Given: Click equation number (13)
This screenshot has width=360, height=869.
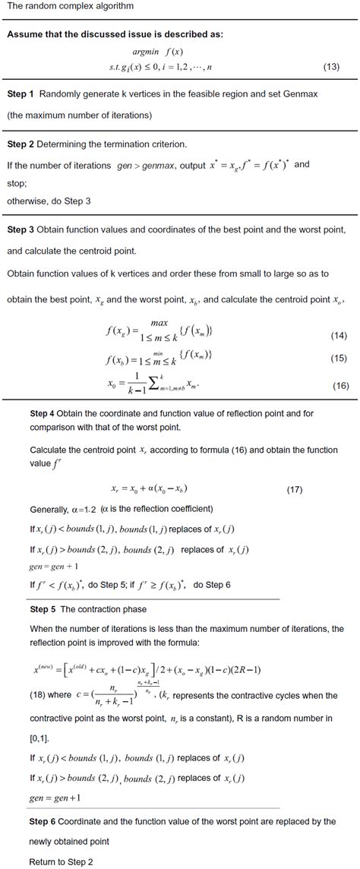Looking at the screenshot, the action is [331, 68].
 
